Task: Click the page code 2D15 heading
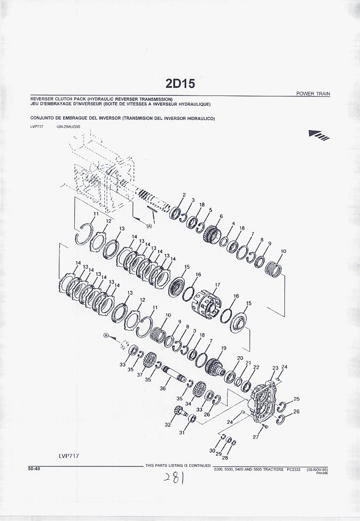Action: pos(180,84)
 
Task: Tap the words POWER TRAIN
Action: pos(313,94)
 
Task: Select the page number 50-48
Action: pos(34,469)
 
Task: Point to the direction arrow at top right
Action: pos(319,134)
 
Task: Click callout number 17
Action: pos(218,285)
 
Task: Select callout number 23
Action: pos(275,368)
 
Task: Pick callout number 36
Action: pos(163,388)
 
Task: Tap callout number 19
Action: pos(224,348)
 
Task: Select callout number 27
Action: pos(256,437)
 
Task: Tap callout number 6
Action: pos(221,216)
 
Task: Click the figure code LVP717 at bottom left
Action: pos(69,456)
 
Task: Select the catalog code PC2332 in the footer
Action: pos(293,469)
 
